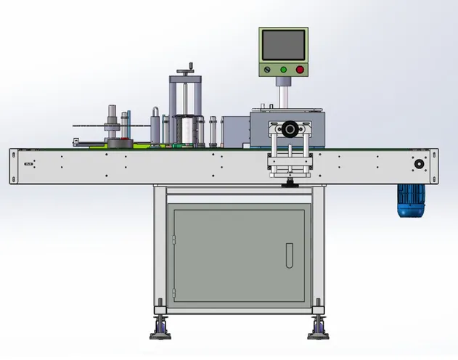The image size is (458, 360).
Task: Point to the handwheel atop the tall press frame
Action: (187, 67)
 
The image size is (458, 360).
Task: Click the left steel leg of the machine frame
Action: (160, 247)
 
